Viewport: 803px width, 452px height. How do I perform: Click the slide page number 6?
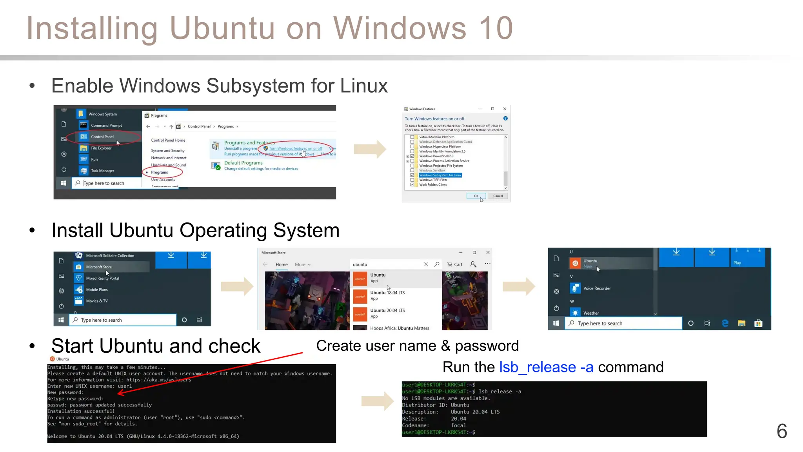coord(781,431)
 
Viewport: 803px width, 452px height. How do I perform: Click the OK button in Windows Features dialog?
coord(476,196)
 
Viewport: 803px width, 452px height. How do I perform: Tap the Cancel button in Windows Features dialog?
coord(498,196)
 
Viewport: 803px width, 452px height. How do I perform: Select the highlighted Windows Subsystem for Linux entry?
coord(440,175)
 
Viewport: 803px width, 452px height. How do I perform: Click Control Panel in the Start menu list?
coord(102,137)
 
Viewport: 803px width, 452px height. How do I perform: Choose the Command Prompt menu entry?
coord(106,126)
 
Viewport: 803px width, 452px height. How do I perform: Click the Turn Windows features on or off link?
coord(295,148)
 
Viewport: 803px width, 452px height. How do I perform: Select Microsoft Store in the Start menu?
coord(99,267)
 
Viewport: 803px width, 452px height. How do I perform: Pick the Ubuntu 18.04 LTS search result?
coord(387,293)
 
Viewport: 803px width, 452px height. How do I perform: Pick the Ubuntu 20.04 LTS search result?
coord(387,310)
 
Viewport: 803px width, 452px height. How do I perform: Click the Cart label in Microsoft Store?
coord(458,264)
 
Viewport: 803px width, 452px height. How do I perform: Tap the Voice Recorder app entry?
coord(597,288)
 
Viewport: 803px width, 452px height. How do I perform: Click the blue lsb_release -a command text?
coord(546,367)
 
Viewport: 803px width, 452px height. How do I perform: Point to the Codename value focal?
coord(458,425)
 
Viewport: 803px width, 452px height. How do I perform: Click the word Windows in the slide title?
coord(400,28)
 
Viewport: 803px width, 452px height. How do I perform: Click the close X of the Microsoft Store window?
coord(488,253)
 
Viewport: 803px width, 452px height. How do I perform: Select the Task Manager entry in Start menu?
coord(102,171)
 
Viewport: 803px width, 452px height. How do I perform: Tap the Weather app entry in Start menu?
coord(591,313)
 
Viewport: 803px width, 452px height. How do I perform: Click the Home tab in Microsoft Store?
coord(282,264)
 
